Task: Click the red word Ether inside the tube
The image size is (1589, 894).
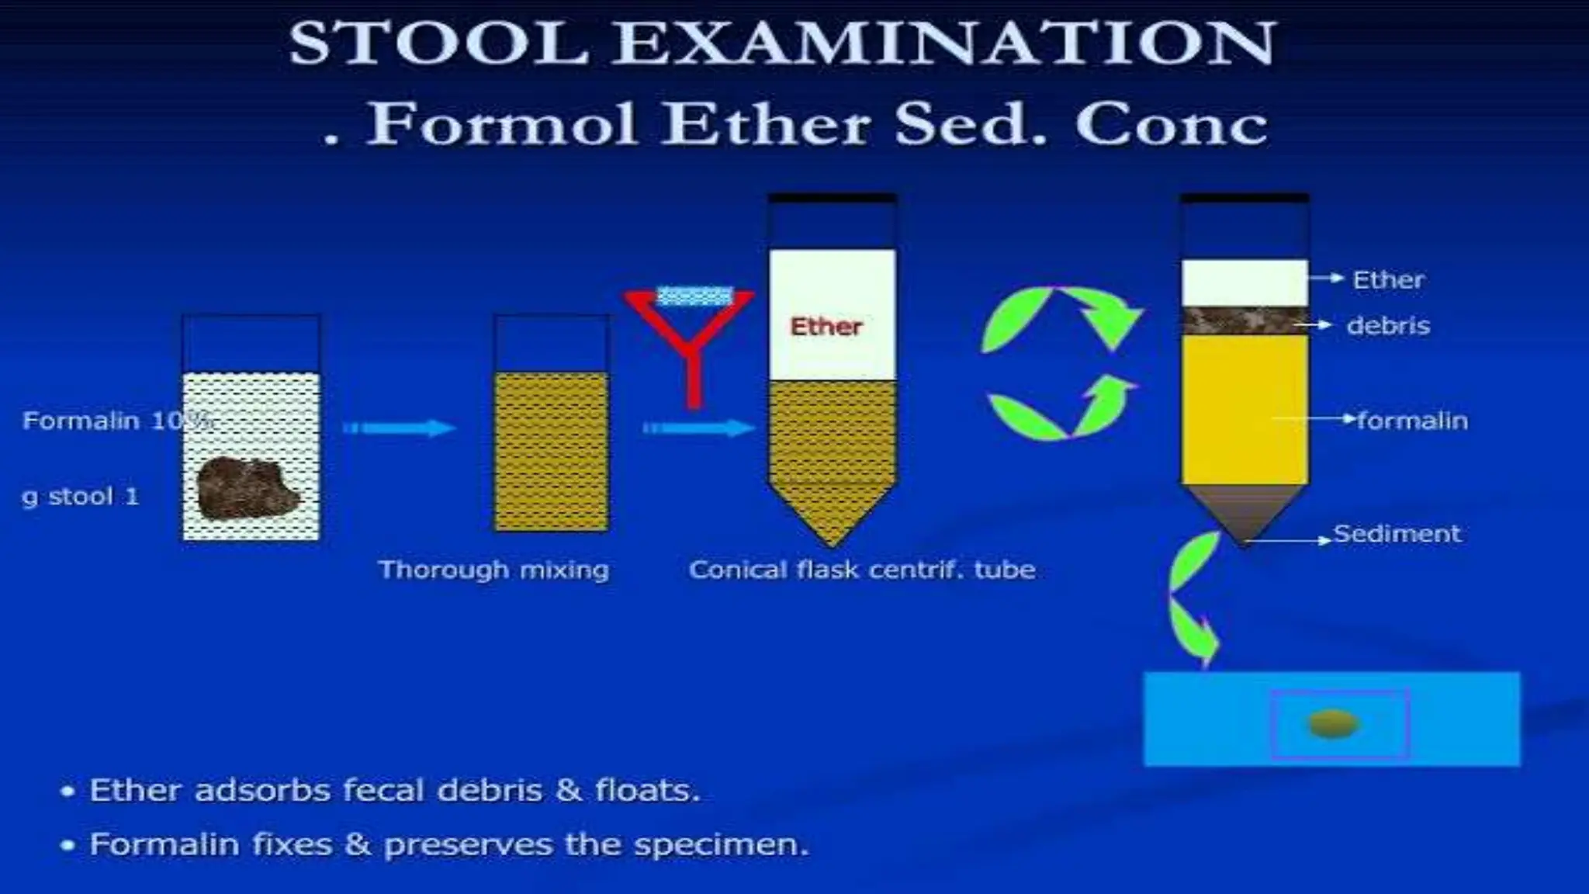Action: [826, 327]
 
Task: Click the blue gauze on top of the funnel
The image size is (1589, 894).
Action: [694, 296]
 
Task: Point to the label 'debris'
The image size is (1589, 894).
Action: [1388, 326]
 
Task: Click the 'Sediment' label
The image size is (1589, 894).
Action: [1396, 534]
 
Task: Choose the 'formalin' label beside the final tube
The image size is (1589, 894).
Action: [1412, 421]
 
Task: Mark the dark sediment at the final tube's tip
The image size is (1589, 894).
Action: [1244, 511]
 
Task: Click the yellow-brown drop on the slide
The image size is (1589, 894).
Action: [1334, 723]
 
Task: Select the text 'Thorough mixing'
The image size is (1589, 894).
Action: [493, 570]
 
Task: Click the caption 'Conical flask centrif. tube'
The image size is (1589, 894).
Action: [862, 570]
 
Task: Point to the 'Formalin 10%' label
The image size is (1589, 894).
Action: [116, 421]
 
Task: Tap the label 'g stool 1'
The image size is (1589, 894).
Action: [81, 496]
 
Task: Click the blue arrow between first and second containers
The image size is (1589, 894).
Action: [399, 428]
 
